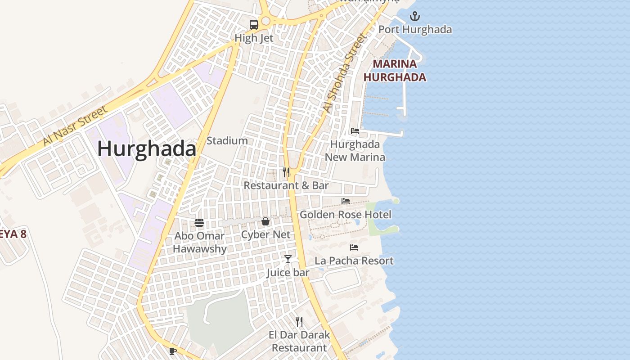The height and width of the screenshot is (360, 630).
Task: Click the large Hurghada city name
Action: pos(147,149)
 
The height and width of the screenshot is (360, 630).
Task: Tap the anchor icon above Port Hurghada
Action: pos(414,17)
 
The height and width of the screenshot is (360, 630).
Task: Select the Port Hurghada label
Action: pos(415,30)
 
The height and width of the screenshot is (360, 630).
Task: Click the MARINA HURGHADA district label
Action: pos(395,71)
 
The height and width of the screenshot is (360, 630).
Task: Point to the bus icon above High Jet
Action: pos(254,25)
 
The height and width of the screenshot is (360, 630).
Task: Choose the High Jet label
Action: pos(254,38)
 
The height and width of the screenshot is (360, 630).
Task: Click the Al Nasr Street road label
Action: pos(75,126)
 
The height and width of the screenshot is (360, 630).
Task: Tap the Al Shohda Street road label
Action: pos(343,73)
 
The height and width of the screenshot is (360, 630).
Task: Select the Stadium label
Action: pos(227,141)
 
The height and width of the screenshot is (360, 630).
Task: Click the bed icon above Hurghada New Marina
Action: pos(355,131)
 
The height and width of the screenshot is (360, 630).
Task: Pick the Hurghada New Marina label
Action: pos(355,151)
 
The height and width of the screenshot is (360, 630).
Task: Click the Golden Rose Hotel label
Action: pos(346,215)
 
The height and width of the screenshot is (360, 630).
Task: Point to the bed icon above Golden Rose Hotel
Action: pos(346,201)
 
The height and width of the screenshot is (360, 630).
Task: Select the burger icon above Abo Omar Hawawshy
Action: pos(199,222)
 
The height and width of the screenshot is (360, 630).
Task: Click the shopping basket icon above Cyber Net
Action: pos(265,221)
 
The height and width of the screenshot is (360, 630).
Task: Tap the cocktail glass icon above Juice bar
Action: pos(288,259)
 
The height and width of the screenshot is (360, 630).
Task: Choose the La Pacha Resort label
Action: pos(354,261)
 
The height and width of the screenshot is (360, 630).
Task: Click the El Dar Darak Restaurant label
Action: pos(299,342)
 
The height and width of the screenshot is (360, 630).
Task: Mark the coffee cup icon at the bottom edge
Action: pos(172,351)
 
